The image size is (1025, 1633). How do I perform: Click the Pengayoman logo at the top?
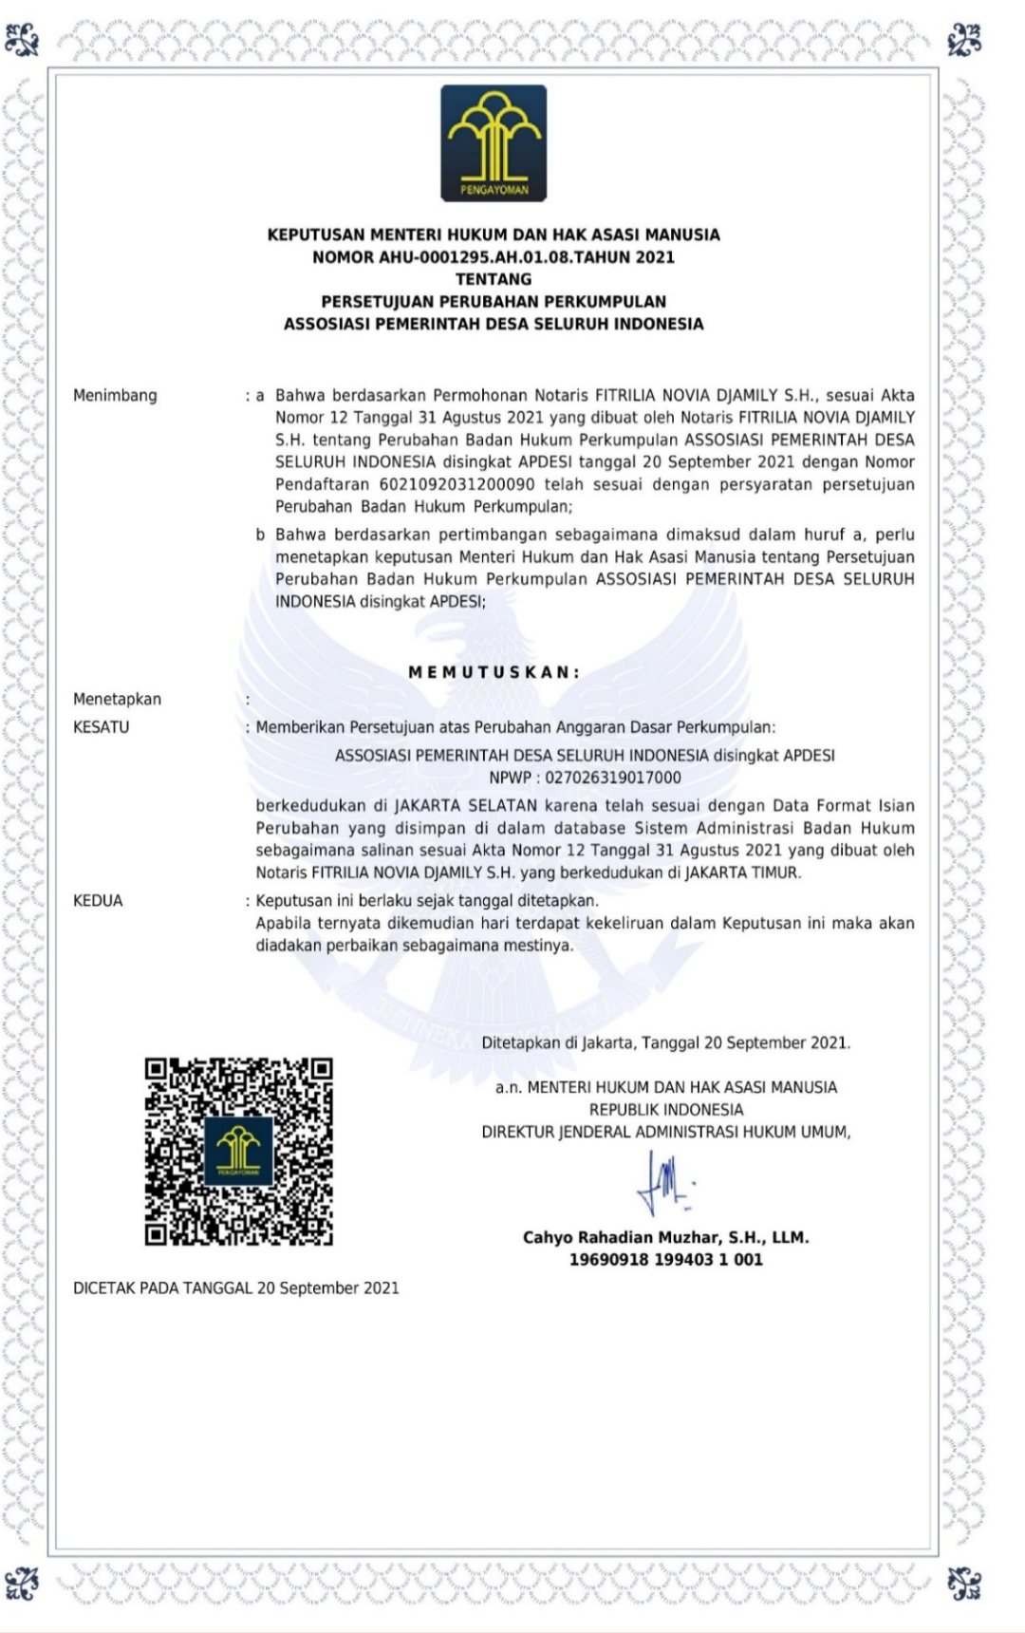tap(494, 143)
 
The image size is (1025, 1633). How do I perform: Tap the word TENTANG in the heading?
tap(494, 279)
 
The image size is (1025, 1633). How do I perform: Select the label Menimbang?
tap(115, 396)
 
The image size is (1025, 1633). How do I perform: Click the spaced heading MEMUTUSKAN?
tap(494, 672)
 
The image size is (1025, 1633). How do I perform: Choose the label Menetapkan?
tap(117, 700)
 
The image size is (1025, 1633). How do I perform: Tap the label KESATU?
tap(101, 727)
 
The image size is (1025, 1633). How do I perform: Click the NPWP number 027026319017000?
tap(612, 779)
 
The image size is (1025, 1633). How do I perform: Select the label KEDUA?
tap(98, 901)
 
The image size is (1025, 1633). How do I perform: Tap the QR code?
tap(238, 1152)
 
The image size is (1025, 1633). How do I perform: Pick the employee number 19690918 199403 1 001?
tap(665, 1260)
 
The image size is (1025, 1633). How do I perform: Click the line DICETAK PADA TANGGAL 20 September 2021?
tap(236, 1288)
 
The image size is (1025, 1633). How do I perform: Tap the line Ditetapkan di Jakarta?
tap(665, 1043)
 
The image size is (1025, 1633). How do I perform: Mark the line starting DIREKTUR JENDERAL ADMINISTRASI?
tap(665, 1133)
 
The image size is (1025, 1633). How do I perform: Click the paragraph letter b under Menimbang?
tap(260, 535)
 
